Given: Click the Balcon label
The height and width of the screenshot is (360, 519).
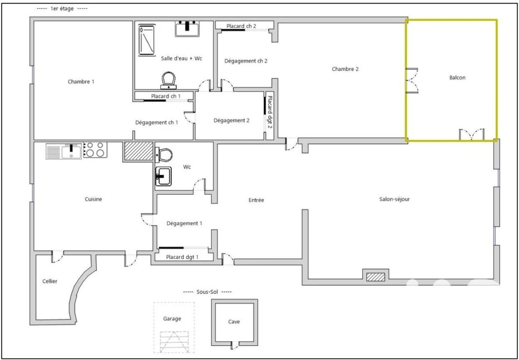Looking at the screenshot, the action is [x=457, y=78].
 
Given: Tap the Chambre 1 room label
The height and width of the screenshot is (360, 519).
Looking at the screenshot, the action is [x=81, y=81].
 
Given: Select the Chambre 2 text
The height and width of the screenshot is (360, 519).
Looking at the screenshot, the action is [x=345, y=69].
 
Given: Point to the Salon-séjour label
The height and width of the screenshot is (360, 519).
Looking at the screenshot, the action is [x=395, y=200].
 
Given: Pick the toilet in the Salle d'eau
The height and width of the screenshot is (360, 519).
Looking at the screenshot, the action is [x=169, y=81].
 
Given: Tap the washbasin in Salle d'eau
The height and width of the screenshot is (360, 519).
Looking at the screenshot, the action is [x=187, y=28].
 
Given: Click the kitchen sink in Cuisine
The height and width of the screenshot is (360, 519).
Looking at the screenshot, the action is [x=64, y=151].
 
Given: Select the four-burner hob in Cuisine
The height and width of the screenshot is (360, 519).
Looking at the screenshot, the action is [x=95, y=149].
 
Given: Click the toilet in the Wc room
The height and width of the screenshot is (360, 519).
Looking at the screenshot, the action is [x=164, y=155].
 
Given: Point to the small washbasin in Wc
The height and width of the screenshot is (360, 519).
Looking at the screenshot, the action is [x=163, y=176].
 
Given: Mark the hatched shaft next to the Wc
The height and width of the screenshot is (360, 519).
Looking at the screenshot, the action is [x=139, y=151].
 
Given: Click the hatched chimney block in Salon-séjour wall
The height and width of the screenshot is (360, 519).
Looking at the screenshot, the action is [x=376, y=277].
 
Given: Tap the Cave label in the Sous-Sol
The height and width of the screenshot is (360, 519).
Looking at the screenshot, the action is [x=234, y=321].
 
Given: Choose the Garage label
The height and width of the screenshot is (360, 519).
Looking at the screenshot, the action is [x=172, y=318].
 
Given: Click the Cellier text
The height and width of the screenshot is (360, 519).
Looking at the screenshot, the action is [x=50, y=281].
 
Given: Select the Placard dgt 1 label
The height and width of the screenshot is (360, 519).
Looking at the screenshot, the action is [x=182, y=256].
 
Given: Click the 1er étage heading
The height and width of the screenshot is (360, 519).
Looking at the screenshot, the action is [x=62, y=9].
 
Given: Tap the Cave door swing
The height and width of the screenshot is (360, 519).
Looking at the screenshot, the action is [x=235, y=346].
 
